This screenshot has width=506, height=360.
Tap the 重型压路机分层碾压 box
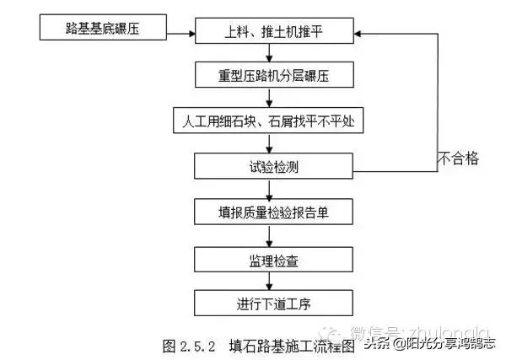[269, 75]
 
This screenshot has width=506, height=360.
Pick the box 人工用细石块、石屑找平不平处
[269, 121]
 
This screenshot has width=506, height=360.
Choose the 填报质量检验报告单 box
[269, 211]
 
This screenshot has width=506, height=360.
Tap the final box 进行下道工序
[269, 302]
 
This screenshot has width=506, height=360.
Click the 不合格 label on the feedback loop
[459, 158]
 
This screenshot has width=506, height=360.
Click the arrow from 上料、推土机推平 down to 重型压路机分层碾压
[269, 52]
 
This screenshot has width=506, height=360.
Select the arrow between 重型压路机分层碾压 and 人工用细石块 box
[269, 98]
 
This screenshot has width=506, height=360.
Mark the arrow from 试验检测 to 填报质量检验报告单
[269, 189]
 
